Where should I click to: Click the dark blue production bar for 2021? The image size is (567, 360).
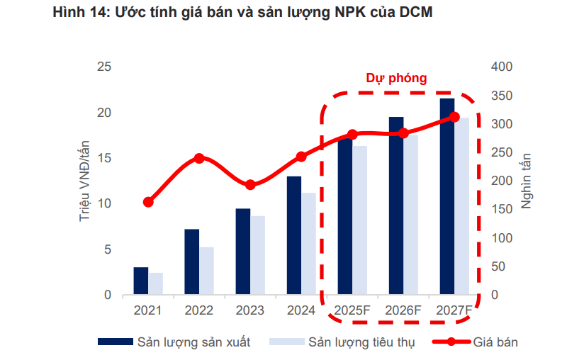[141, 281]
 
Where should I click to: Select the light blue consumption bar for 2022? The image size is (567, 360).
[206, 271]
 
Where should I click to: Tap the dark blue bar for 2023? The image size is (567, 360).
[243, 252]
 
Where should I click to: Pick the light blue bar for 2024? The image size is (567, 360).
[308, 243]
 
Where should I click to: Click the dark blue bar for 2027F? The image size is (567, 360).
[447, 196]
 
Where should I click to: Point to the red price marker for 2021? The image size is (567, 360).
[148, 202]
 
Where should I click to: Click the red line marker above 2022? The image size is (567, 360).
[199, 158]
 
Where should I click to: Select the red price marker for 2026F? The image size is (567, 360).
[403, 133]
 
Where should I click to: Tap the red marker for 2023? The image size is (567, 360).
[250, 185]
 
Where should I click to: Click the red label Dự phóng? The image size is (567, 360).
[396, 79]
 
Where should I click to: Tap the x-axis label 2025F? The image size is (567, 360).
[352, 310]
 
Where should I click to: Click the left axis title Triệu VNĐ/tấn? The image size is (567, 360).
[84, 181]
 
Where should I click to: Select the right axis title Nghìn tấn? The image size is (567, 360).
[527, 181]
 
